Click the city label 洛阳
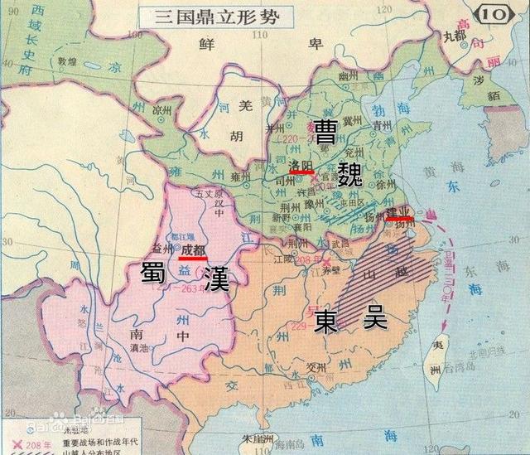tap(301, 163)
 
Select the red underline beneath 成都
tap(193, 258)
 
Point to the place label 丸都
tap(455, 36)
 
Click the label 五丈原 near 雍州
tap(205, 193)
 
